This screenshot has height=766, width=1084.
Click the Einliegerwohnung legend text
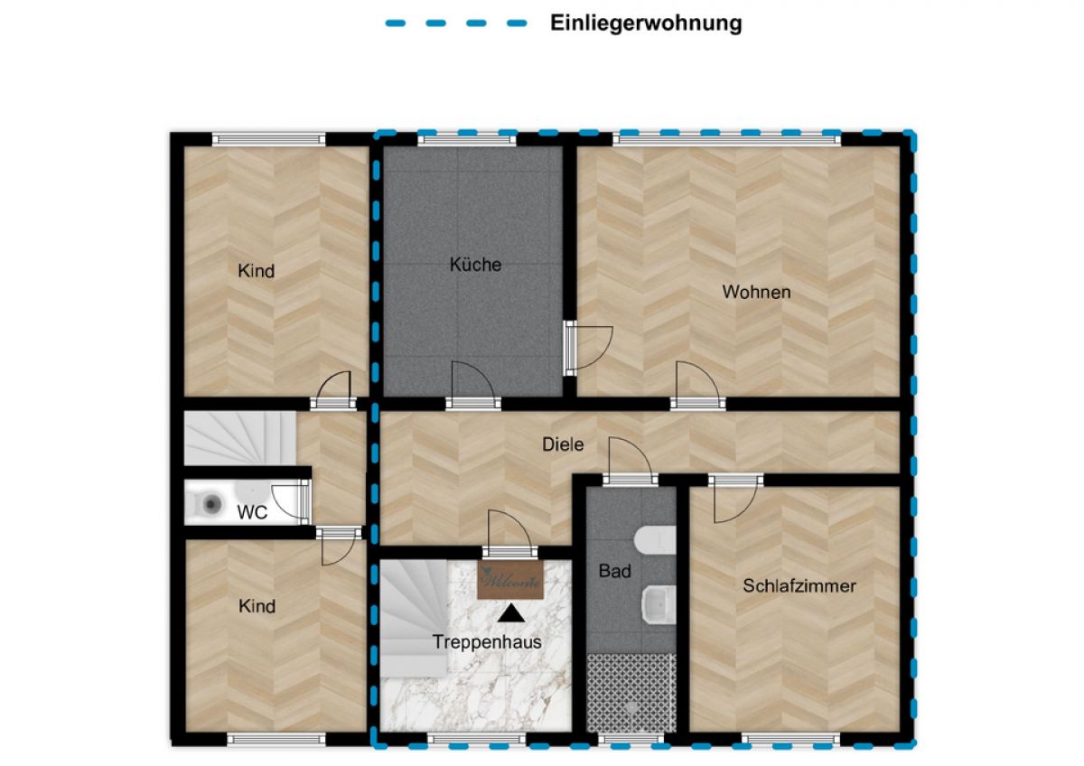[x=646, y=23]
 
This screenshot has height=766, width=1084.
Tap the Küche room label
[x=475, y=265]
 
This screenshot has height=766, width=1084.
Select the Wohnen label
[x=756, y=292]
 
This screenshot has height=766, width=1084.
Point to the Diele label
[x=563, y=444]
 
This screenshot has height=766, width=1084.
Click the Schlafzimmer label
[x=799, y=586]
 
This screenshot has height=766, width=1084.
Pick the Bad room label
[x=614, y=571]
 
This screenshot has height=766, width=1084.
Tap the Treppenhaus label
[x=487, y=642]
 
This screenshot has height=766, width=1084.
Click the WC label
[x=252, y=512]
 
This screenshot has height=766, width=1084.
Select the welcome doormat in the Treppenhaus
[x=510, y=580]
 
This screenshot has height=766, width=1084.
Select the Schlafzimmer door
[x=735, y=499]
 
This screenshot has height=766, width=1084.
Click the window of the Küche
[x=466, y=140]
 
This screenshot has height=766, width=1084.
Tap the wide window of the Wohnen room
[x=727, y=140]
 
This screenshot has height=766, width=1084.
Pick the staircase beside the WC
[x=240, y=438]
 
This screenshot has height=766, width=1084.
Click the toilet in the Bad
[x=655, y=539]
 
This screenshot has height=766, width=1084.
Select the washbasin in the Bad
[x=659, y=605]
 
